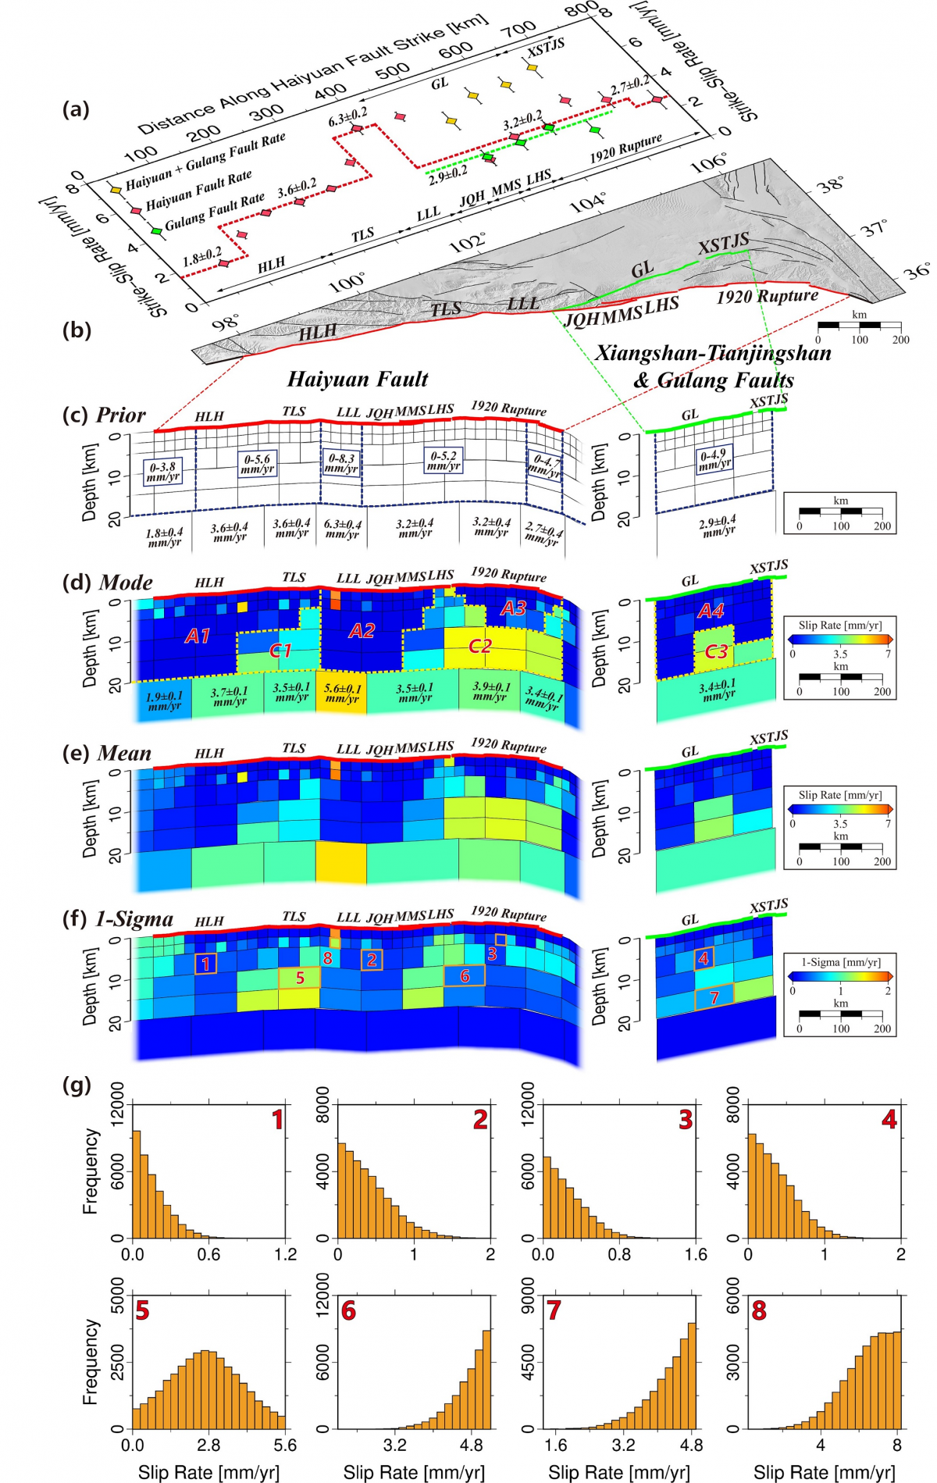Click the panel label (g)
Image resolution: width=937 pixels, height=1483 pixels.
(x=77, y=1085)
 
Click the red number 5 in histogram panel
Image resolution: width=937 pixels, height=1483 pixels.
(x=142, y=1310)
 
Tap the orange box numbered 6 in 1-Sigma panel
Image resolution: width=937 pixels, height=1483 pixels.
(x=465, y=975)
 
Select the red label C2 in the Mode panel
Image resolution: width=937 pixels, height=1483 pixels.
(x=479, y=646)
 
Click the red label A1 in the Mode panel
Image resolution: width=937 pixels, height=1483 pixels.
(x=198, y=636)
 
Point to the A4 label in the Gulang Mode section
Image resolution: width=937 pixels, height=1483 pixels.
(x=711, y=611)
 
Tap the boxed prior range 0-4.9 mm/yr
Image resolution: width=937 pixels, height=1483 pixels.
(x=714, y=460)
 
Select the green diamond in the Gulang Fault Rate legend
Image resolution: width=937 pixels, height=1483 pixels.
(x=156, y=231)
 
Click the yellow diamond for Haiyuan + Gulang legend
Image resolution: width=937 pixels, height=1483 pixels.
(x=116, y=189)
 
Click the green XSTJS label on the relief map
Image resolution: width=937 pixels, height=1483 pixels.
(x=723, y=244)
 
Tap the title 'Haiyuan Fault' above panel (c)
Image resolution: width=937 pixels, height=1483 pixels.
(x=358, y=380)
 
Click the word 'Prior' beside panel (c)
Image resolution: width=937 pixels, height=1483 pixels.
(x=121, y=415)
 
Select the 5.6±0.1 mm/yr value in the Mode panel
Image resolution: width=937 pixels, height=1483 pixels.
(x=342, y=693)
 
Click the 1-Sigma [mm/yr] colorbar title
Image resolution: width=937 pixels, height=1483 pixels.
(x=840, y=962)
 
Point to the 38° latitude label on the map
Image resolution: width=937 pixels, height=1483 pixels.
(x=831, y=184)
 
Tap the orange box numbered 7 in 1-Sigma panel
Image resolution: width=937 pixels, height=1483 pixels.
(x=714, y=997)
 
